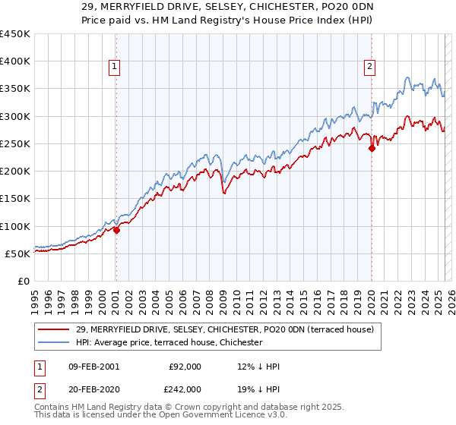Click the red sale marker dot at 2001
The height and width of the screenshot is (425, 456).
[x=116, y=231]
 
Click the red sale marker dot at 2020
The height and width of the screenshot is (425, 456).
[x=372, y=149]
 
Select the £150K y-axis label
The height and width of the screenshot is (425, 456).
[x=15, y=199]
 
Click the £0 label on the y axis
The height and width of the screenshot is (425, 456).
[x=24, y=281]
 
